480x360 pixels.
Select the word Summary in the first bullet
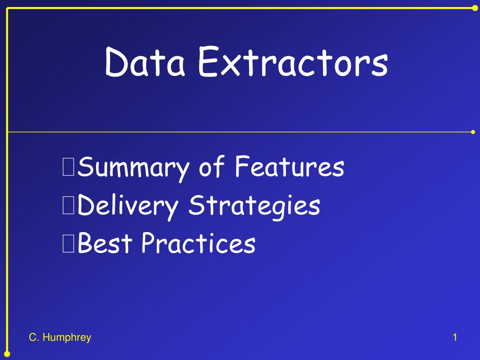pyautogui.click(x=133, y=168)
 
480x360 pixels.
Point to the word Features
pyautogui.click(x=290, y=166)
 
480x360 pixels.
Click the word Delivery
pyautogui.click(x=127, y=206)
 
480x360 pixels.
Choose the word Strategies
pyautogui.click(x=254, y=206)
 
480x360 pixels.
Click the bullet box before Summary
pyautogui.click(x=68, y=167)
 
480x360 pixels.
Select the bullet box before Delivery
pyautogui.click(x=68, y=205)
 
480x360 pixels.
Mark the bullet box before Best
pyautogui.click(x=68, y=243)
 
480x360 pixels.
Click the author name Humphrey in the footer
pyautogui.click(x=67, y=337)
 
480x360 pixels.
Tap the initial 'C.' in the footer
pyautogui.click(x=34, y=337)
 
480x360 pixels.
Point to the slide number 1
pyautogui.click(x=455, y=337)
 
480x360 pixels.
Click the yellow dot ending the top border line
pyautogui.click(x=475, y=8)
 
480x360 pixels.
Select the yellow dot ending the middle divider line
pyautogui.click(x=473, y=132)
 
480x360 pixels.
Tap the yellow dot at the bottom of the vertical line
pyautogui.click(x=7, y=354)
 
